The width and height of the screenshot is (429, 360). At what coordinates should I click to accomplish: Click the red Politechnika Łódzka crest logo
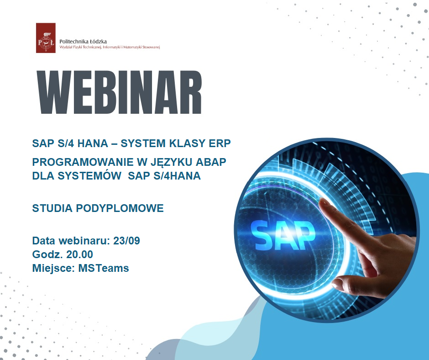tap(46, 38)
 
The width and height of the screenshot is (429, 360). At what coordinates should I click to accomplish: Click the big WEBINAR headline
tap(120, 92)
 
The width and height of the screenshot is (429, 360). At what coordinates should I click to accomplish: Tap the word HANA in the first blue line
tap(93, 143)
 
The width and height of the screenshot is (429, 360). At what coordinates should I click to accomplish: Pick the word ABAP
tap(211, 162)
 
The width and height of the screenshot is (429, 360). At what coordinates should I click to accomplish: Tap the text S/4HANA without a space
tap(177, 175)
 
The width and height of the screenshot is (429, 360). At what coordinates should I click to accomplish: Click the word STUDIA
tap(52, 208)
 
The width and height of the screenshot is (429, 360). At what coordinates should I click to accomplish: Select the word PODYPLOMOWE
tap(120, 208)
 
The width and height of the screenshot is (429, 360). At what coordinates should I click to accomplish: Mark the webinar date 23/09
tap(127, 241)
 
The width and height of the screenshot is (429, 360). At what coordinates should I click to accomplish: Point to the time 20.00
tap(79, 254)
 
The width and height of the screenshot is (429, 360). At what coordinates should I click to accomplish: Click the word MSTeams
tap(104, 268)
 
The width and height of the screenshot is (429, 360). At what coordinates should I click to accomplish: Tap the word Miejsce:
tap(54, 268)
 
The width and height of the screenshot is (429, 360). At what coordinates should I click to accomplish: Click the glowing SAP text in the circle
tap(283, 235)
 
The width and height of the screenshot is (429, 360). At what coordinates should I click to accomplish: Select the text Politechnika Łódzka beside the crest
tap(83, 42)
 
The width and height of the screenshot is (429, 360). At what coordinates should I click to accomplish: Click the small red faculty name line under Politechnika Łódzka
tap(110, 47)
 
